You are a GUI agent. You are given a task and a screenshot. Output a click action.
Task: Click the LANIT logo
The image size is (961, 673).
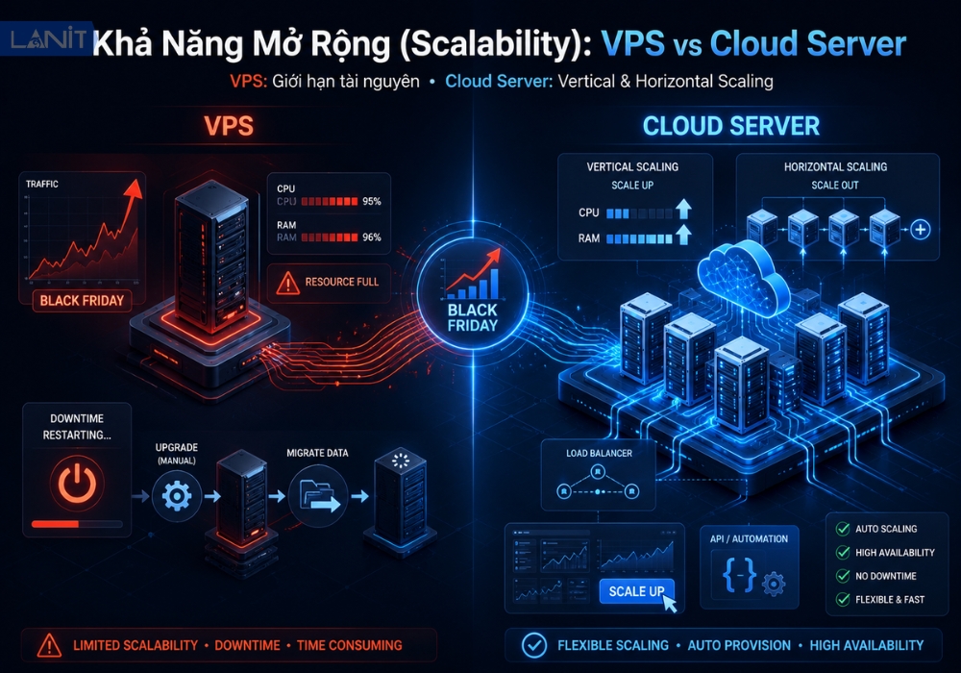(48, 38)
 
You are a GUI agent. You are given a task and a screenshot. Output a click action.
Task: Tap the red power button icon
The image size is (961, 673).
(77, 483)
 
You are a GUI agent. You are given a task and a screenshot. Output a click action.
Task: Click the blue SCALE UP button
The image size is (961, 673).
(636, 591)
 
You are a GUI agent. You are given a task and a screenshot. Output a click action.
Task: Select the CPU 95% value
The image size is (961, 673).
(371, 201)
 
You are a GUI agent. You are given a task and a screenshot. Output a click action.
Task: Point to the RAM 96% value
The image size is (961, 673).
(371, 237)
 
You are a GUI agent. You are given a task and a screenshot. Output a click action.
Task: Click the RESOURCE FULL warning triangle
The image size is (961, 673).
(287, 283)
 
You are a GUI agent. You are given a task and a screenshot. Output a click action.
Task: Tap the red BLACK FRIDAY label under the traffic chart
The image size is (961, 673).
(82, 300)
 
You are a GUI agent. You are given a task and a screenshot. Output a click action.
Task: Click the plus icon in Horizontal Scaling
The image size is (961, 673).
(920, 230)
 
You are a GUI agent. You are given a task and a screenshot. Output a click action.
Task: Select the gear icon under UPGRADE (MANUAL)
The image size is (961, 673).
(177, 495)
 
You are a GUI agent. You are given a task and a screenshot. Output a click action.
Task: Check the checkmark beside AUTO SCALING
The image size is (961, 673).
(843, 529)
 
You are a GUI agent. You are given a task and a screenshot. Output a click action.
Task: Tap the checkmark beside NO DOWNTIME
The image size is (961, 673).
(843, 576)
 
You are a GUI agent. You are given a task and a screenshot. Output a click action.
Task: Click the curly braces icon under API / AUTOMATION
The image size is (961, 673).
(738, 576)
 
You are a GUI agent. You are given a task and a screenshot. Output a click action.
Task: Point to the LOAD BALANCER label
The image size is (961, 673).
(599, 453)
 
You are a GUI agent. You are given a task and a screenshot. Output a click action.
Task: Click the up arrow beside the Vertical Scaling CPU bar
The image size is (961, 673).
(684, 210)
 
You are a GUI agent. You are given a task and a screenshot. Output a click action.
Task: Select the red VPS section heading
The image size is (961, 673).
(229, 126)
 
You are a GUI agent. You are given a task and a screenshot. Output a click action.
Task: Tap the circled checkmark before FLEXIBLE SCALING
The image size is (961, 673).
(533, 645)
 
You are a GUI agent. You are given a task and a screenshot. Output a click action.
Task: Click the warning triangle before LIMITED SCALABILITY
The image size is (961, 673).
(49, 645)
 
